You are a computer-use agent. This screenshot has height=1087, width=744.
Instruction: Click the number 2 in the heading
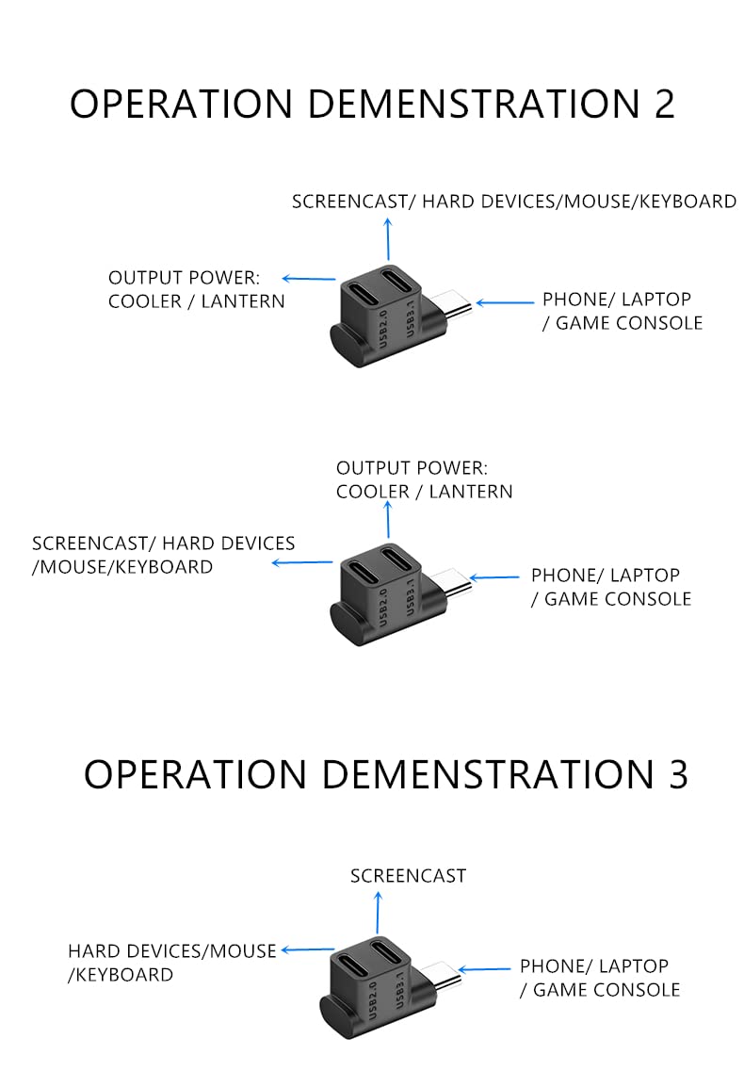664,104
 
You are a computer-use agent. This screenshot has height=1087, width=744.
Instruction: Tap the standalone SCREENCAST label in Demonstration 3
408,876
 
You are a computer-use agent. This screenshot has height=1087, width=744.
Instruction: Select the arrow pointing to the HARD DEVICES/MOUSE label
308,950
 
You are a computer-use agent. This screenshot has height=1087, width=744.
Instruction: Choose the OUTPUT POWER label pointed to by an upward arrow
424,479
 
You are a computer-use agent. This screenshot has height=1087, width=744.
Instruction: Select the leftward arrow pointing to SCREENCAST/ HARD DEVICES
302,563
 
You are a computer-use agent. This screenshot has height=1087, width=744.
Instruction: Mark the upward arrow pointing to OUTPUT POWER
387,518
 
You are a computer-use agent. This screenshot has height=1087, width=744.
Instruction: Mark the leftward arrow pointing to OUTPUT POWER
309,278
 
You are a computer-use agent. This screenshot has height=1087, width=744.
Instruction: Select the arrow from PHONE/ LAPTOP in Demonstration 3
482,968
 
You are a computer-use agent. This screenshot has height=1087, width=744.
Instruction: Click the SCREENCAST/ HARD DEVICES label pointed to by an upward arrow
513,201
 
